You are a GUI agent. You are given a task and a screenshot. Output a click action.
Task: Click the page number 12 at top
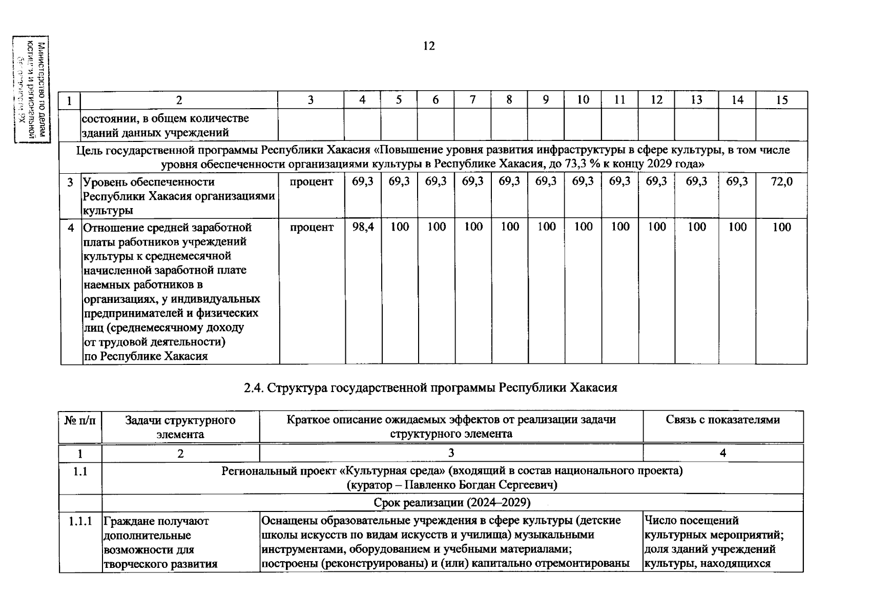429,46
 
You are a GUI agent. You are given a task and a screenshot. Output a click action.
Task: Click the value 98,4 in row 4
362,227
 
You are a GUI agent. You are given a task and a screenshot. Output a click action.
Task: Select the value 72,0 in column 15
781,181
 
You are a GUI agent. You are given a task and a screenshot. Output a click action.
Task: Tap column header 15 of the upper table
781,100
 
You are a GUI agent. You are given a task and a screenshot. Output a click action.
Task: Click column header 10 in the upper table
583,100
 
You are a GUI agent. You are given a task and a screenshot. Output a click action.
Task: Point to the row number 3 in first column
70,182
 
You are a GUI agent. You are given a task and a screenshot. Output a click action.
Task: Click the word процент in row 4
312,227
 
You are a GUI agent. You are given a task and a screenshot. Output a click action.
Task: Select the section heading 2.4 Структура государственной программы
430,387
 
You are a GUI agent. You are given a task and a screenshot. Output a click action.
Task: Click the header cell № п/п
80,420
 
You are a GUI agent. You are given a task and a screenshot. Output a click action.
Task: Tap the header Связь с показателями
722,420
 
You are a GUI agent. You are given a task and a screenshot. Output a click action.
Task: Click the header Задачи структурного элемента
180,427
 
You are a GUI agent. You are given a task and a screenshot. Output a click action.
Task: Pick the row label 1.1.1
80,521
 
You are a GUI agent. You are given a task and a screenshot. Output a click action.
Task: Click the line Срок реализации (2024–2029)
452,502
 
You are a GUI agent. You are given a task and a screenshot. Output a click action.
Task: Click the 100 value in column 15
781,227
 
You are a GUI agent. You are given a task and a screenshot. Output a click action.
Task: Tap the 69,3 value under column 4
362,181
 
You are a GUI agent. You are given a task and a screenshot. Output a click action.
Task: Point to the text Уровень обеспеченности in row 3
149,182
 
